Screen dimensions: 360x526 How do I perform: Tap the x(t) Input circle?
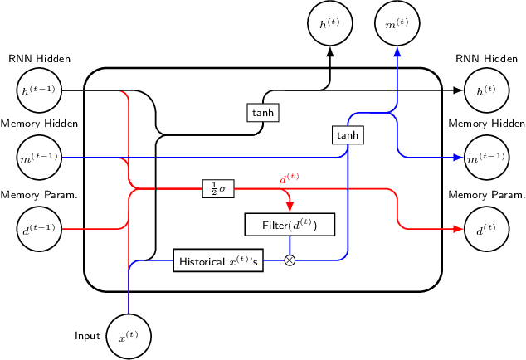(129, 338)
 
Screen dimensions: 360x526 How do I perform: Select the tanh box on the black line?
(262, 112)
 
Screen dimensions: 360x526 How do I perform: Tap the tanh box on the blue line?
(347, 134)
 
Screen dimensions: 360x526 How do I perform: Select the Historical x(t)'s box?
(219, 260)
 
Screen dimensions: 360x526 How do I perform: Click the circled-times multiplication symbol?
(290, 260)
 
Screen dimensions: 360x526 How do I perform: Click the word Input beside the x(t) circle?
(87, 336)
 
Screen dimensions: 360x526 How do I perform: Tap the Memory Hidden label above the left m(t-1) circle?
(39, 124)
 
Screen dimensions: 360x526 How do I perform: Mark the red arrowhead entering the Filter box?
(290, 208)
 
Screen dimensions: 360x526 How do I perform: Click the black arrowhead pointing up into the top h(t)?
(330, 51)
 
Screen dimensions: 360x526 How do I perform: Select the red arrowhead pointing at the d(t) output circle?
(459, 228)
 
